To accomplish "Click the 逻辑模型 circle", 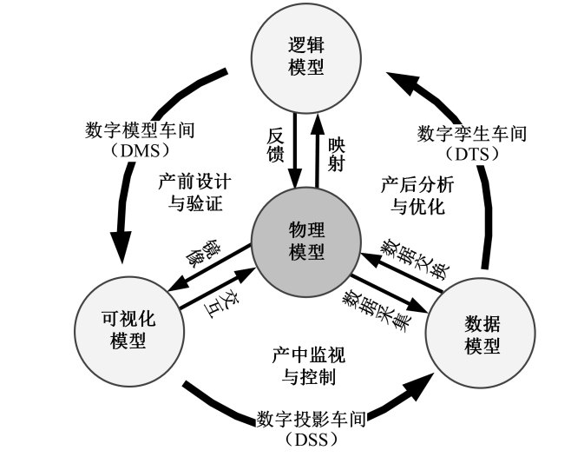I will click(x=305, y=57).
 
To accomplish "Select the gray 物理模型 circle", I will click(x=305, y=240).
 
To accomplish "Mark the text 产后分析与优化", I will click(x=418, y=196).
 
